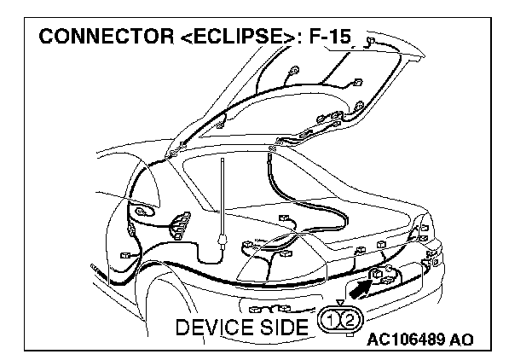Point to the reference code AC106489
[408, 339]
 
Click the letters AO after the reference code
[460, 339]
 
